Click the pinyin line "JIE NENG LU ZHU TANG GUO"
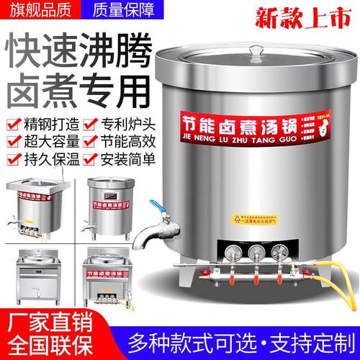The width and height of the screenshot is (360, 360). [242, 142]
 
